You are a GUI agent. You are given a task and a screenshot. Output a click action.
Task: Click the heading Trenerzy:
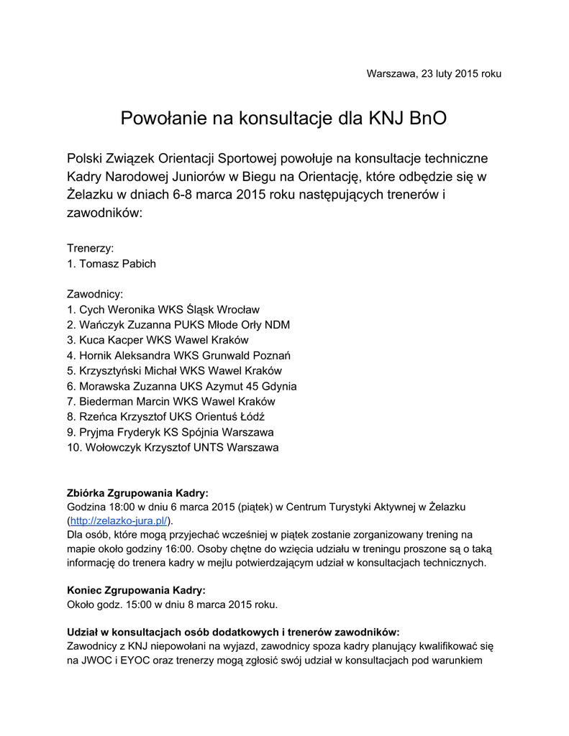coord(91,248)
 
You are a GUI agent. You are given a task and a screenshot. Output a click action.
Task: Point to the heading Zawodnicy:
coord(95,294)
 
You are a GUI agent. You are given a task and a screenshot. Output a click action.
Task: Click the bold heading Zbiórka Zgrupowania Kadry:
coord(137,493)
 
